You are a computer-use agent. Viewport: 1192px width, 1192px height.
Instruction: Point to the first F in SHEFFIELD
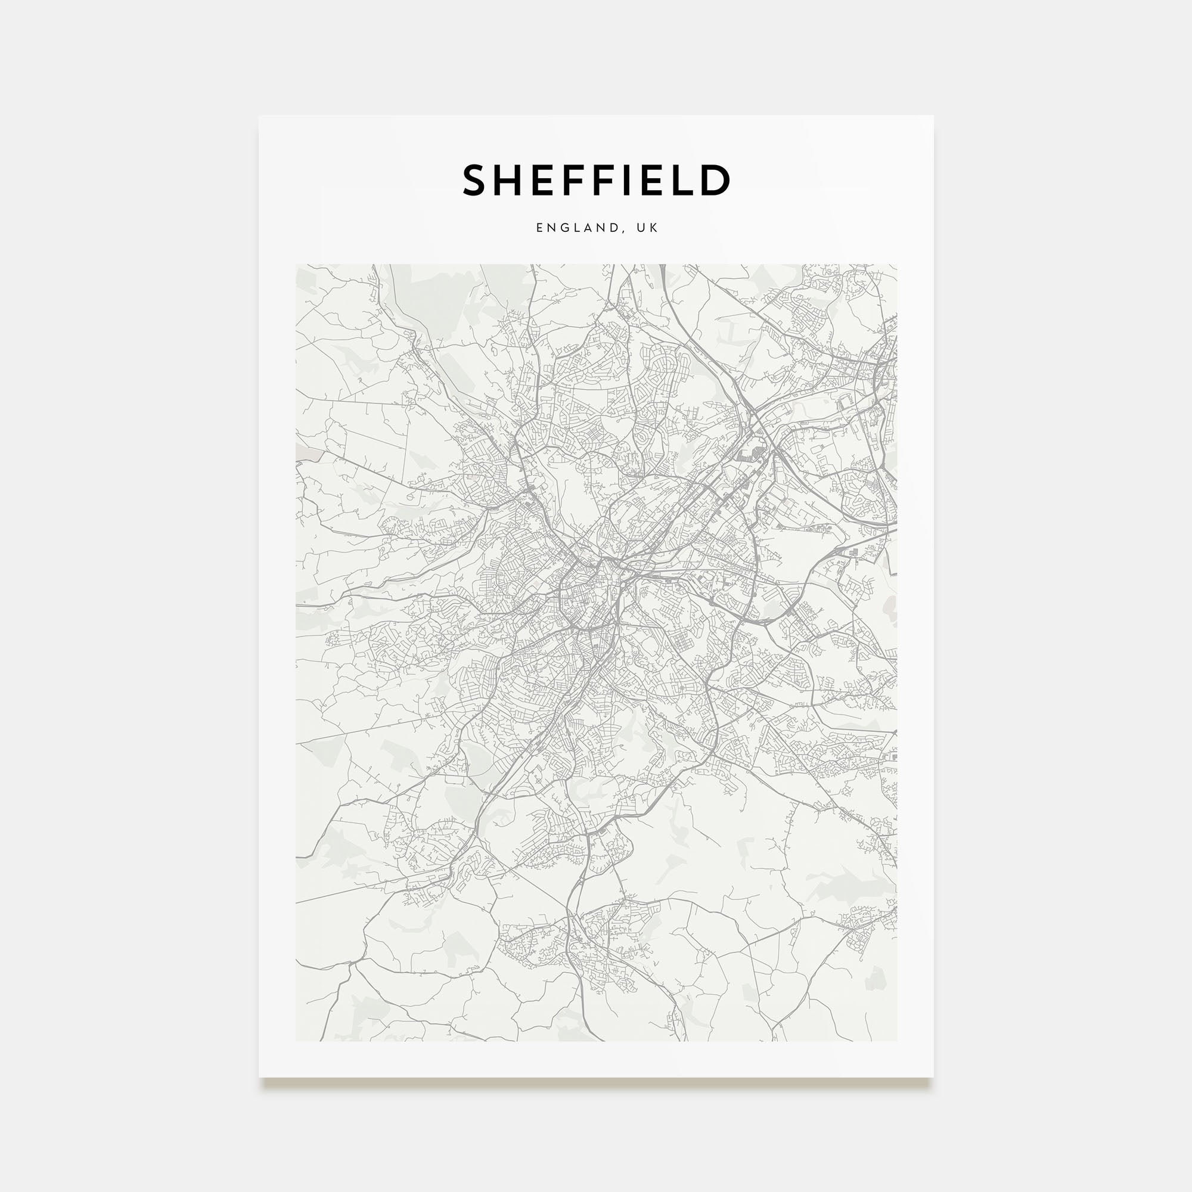tap(572, 180)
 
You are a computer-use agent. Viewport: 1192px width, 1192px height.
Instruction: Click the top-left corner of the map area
tap(296, 265)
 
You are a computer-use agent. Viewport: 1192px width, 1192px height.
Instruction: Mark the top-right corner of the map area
tap(896, 265)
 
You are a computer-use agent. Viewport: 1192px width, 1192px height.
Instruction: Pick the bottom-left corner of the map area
tap(296, 1041)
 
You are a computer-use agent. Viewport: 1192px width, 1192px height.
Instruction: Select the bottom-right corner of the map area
tap(896, 1041)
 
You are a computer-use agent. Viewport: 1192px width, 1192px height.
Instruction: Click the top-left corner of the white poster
tap(259, 116)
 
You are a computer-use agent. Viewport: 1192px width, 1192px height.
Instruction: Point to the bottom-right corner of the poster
tap(933, 1077)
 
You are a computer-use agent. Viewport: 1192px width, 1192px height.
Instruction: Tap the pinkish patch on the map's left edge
tap(309, 455)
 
